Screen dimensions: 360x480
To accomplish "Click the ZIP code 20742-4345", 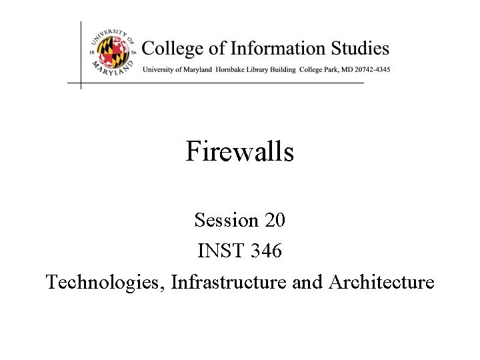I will (370, 69).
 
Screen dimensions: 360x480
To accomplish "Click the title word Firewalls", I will (239, 152).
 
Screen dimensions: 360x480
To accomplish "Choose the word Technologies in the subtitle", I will (105, 283).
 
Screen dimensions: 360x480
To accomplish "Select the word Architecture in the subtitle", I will (381, 283).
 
